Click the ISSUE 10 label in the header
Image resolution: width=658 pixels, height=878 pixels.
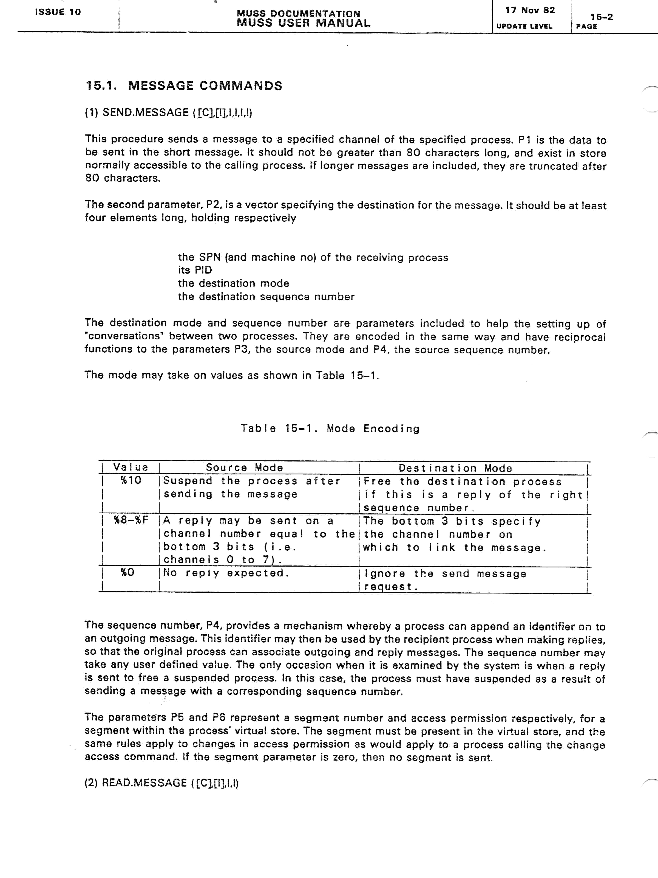[x=58, y=12]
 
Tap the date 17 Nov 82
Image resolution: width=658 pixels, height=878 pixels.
[x=530, y=10]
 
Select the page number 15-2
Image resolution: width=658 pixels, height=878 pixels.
[x=601, y=17]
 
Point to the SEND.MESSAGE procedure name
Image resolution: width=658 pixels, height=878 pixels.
[x=145, y=113]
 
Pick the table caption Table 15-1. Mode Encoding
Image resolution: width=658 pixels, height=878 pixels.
[x=330, y=428]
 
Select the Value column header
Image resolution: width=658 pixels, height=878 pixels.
[x=131, y=467]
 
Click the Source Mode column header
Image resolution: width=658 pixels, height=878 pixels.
[x=244, y=468]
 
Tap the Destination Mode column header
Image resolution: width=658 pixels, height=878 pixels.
[x=455, y=468]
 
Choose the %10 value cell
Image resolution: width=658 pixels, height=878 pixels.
[x=131, y=480]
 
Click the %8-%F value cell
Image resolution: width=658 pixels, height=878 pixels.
[x=131, y=520]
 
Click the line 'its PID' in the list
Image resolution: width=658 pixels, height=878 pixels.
[x=195, y=270]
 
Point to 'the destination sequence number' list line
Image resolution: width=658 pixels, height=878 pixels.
[x=266, y=297]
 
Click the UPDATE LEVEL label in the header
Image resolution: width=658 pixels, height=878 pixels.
[x=524, y=26]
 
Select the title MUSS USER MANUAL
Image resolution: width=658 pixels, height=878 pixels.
[x=304, y=23]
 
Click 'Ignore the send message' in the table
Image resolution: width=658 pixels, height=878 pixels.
[x=445, y=573]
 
